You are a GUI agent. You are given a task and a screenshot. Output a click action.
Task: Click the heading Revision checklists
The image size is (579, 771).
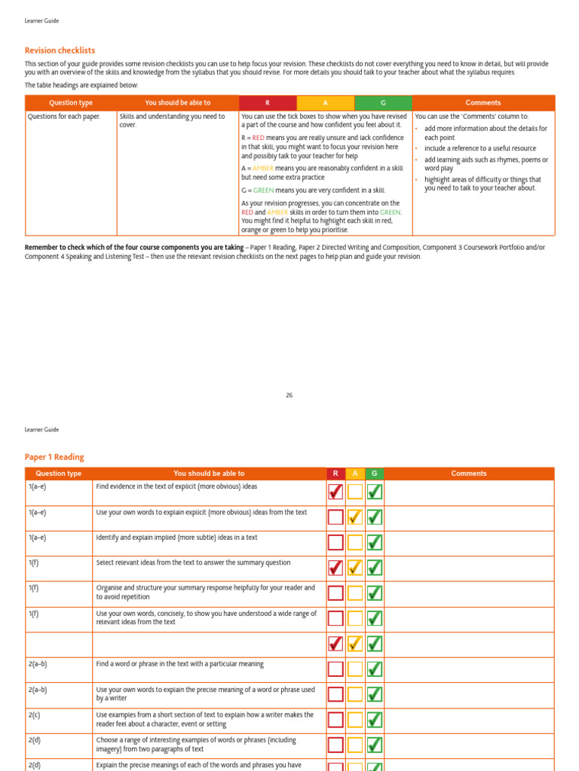[x=60, y=50]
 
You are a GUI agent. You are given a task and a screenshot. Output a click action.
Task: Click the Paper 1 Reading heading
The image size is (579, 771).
[x=54, y=457]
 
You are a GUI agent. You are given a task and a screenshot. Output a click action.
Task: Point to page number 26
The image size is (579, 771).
[x=289, y=395]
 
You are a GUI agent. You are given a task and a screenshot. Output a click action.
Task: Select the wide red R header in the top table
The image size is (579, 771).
[x=268, y=103]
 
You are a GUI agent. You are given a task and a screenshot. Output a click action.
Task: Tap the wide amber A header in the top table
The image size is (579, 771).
[x=326, y=103]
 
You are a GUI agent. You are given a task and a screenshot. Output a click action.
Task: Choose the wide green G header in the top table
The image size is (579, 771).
[x=383, y=103]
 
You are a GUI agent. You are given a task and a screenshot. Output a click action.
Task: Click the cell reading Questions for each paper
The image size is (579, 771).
[x=64, y=117]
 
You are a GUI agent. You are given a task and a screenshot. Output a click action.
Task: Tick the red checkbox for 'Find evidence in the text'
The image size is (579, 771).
[x=335, y=492]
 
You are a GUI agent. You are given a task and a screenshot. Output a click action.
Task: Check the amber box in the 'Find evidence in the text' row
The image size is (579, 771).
[x=355, y=492]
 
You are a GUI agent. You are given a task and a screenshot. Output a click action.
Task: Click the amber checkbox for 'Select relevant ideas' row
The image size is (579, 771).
[x=355, y=568]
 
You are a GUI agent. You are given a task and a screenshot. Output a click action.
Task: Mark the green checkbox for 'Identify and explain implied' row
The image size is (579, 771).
[x=375, y=542]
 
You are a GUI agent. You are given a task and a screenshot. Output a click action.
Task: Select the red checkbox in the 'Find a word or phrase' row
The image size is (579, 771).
[x=335, y=669]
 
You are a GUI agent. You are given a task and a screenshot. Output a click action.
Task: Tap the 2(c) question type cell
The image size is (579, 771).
[x=35, y=715]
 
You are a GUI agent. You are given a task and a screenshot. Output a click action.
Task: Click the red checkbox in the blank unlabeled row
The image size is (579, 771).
[x=335, y=644]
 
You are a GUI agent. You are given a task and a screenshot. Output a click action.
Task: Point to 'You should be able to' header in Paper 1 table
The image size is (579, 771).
[x=209, y=474]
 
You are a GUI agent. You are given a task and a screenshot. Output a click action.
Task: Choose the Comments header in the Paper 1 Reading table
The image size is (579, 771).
[x=468, y=474]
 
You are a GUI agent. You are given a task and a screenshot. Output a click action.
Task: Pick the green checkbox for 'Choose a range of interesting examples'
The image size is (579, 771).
[x=375, y=745]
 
